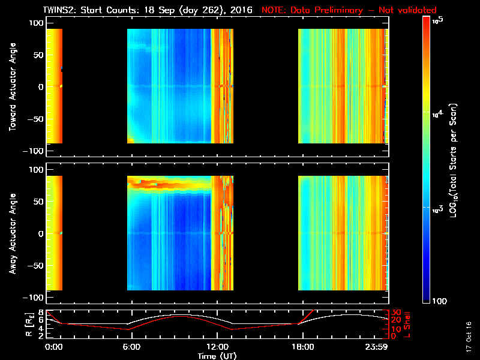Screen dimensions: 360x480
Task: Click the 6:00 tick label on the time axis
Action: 131,347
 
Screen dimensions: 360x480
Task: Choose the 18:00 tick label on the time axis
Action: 302,347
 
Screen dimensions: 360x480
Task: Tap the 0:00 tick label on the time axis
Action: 53,347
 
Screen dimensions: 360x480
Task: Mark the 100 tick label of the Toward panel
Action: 36,22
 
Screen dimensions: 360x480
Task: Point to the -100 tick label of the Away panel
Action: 34,298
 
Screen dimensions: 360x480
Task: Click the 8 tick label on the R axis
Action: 41,313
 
